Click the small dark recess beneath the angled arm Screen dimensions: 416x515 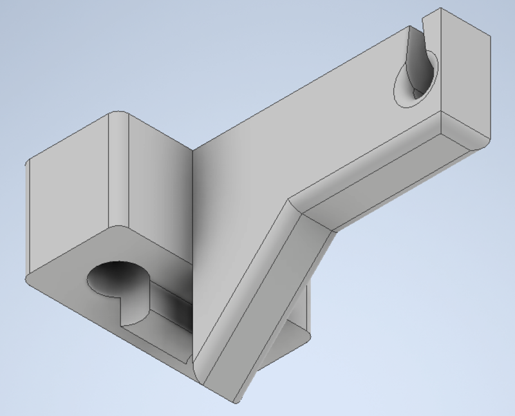[290, 341]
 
